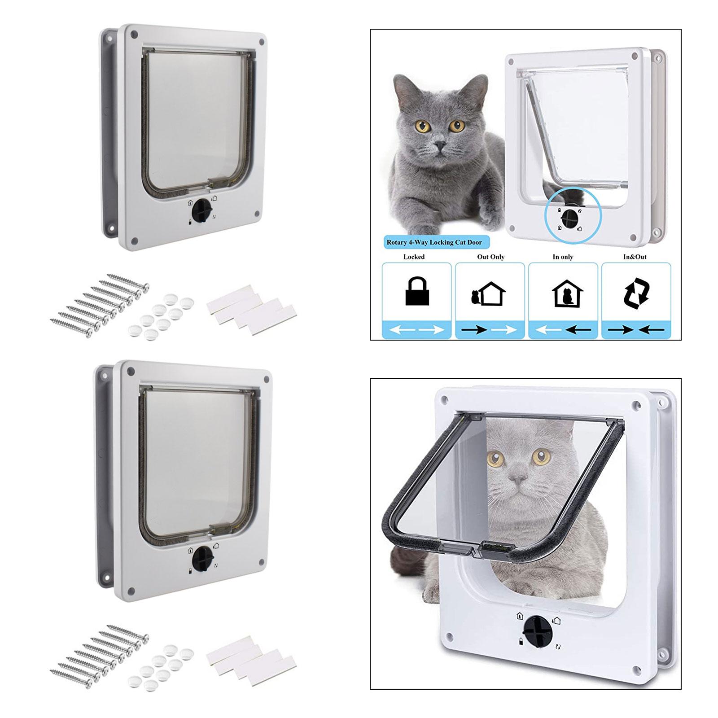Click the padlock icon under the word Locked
point(417,291)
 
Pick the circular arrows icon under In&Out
point(636,291)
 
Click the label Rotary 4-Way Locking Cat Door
point(434,242)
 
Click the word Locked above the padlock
point(414,257)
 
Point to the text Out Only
point(490,257)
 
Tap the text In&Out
point(635,257)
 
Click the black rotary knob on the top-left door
point(201,209)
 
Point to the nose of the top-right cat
point(440,145)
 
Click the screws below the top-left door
point(100,305)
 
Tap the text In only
point(563,257)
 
